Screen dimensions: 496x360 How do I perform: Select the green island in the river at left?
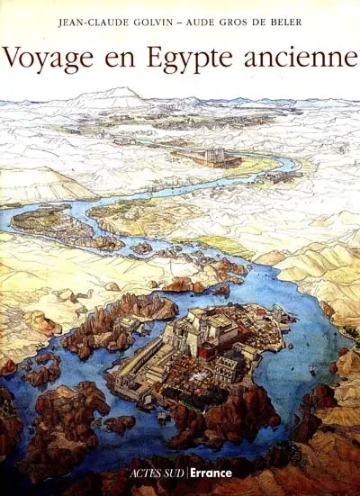click(45, 220)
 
